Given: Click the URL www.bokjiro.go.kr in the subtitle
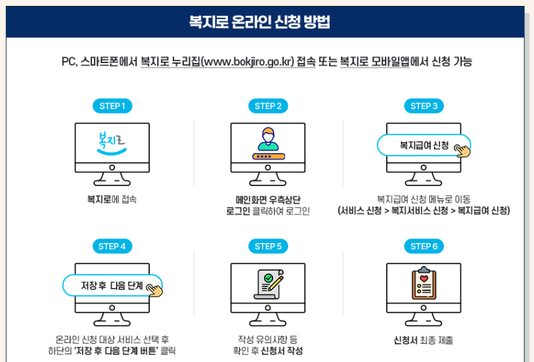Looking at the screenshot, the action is (248, 62).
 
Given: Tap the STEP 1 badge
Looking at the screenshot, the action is (112, 106).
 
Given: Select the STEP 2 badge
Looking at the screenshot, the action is (268, 106).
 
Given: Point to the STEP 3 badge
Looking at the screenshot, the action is (424, 106).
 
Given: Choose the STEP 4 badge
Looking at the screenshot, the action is (112, 246).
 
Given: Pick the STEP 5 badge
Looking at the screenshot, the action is (268, 246).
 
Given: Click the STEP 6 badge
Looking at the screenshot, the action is (424, 246).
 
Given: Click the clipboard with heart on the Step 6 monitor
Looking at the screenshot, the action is (424, 284).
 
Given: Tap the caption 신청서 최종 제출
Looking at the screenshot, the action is (424, 340).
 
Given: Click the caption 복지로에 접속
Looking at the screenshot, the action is (112, 198).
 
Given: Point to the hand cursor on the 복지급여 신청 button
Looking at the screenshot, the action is (464, 150).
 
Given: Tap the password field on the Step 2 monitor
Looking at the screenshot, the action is (267, 156).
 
